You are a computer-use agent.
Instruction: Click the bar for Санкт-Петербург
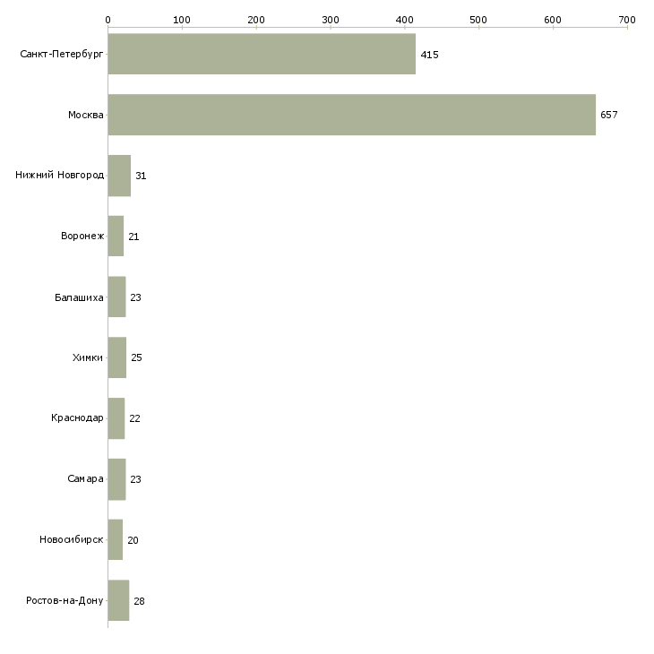click(262, 54)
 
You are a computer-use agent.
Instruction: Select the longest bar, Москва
click(351, 115)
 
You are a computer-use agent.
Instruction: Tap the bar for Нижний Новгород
click(119, 176)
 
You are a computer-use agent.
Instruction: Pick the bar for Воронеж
click(116, 237)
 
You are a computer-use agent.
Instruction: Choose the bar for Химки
click(117, 357)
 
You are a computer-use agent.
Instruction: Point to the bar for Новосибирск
click(116, 540)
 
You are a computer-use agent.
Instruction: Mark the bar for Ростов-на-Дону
click(118, 601)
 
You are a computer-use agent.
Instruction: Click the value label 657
click(609, 115)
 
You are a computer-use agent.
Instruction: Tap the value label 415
click(429, 55)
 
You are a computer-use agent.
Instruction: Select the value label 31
click(141, 176)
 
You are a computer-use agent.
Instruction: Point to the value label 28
click(139, 601)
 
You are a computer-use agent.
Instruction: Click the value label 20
click(133, 540)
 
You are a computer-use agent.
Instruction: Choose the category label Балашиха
click(79, 297)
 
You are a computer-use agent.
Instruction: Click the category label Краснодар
click(78, 418)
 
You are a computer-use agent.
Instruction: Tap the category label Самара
click(85, 479)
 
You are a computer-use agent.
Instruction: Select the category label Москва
click(86, 115)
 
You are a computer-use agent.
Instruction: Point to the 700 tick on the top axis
click(627, 19)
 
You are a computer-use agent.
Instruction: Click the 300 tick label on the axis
click(331, 19)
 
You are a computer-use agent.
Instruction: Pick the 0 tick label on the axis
click(108, 19)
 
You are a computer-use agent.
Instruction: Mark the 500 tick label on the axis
click(478, 19)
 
